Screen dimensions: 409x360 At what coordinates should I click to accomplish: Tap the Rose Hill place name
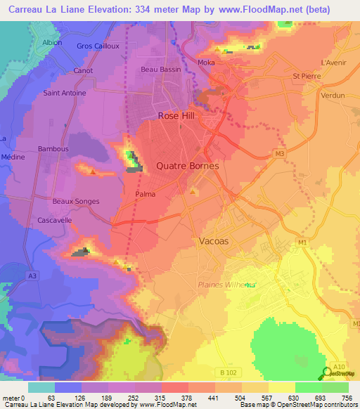point(176,115)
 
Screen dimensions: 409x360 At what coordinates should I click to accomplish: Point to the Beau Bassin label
point(161,70)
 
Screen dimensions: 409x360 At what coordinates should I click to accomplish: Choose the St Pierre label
point(305,76)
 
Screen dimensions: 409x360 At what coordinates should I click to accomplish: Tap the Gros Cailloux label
point(99,46)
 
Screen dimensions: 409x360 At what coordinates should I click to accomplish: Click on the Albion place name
point(52,42)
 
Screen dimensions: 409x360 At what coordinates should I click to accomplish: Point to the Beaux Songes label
point(76,202)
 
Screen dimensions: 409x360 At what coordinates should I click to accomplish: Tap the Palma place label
point(145,194)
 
